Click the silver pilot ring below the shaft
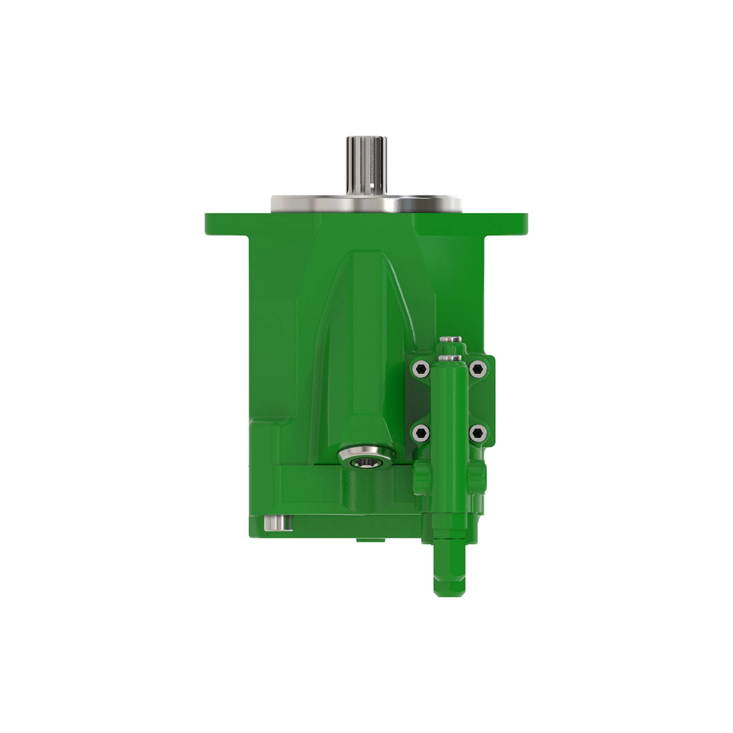[x=366, y=203]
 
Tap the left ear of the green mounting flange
[x=226, y=224]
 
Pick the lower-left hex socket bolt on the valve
[x=420, y=433]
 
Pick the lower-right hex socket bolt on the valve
[x=478, y=433]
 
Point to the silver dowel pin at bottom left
[x=276, y=523]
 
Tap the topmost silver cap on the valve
[x=451, y=340]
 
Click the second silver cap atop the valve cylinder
[x=451, y=358]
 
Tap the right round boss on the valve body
[x=480, y=473]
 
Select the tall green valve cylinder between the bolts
[x=450, y=415]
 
